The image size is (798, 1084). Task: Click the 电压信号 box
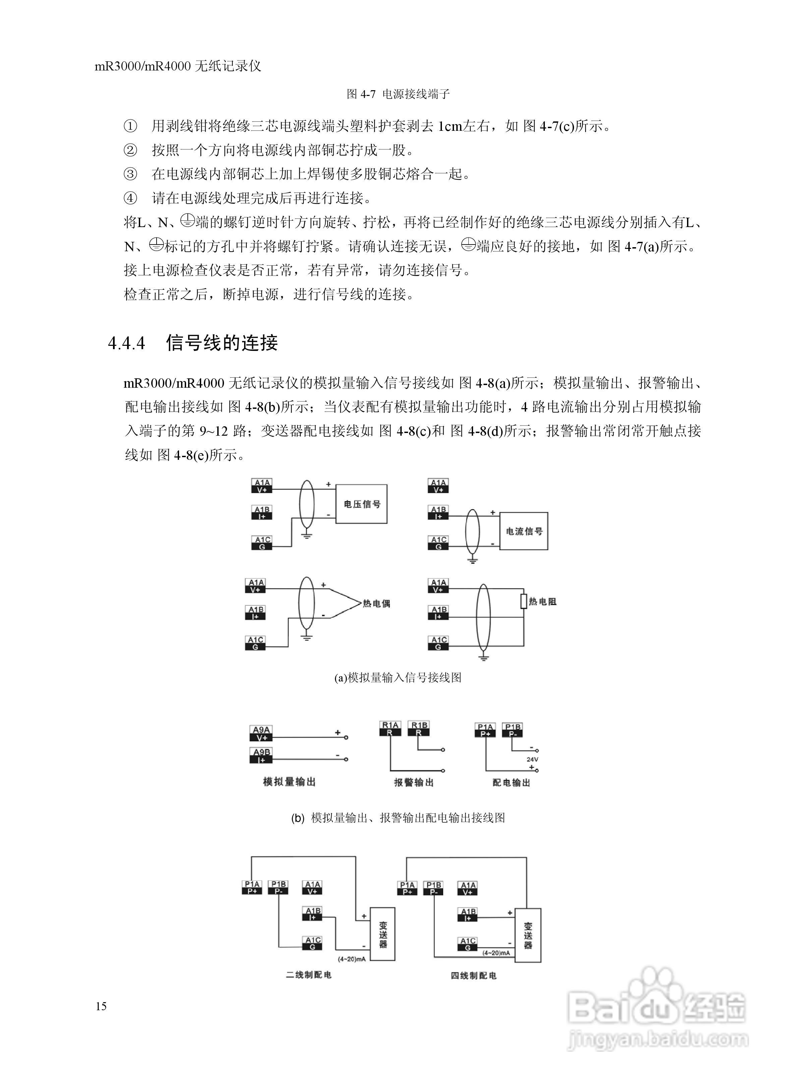point(361,504)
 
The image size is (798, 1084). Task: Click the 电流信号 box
point(524,531)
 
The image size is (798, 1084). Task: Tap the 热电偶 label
point(376,603)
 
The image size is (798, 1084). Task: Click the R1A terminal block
point(390,728)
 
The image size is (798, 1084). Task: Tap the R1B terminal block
point(418,728)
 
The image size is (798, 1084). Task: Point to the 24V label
point(532,759)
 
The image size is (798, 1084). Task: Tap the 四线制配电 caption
point(473,976)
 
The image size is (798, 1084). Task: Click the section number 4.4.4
point(126,343)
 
